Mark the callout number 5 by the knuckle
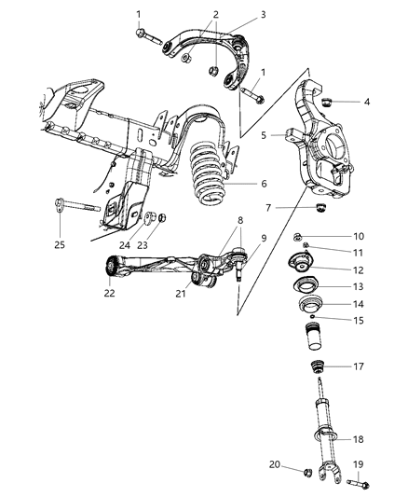pyautogui.click(x=264, y=135)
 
